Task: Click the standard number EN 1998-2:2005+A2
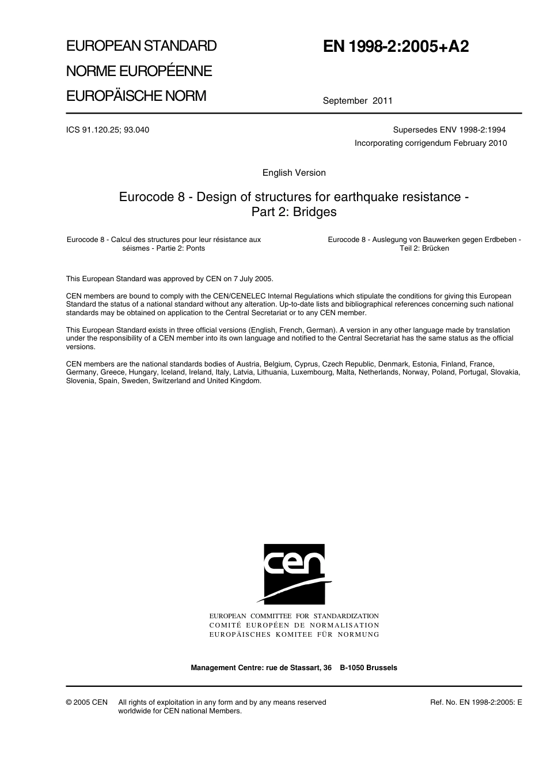coord(396,47)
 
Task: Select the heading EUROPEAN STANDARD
coord(141,46)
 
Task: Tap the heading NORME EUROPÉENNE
coord(139,71)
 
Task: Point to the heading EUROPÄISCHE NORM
coord(136,96)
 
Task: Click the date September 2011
coord(357,101)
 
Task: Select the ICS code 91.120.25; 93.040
coord(108,130)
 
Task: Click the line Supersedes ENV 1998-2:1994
coord(449,130)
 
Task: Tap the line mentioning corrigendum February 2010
coord(431,143)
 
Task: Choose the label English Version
coord(294,173)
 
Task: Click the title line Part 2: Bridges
coord(294,212)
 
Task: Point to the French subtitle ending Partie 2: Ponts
coord(164,248)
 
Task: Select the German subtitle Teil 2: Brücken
coord(424,248)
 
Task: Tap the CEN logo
coord(294,574)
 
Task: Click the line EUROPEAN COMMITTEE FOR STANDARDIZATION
coord(294,617)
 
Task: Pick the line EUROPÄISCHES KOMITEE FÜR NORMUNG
coord(294,634)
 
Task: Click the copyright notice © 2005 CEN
coord(87,702)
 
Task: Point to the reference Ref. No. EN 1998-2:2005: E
coord(476,702)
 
